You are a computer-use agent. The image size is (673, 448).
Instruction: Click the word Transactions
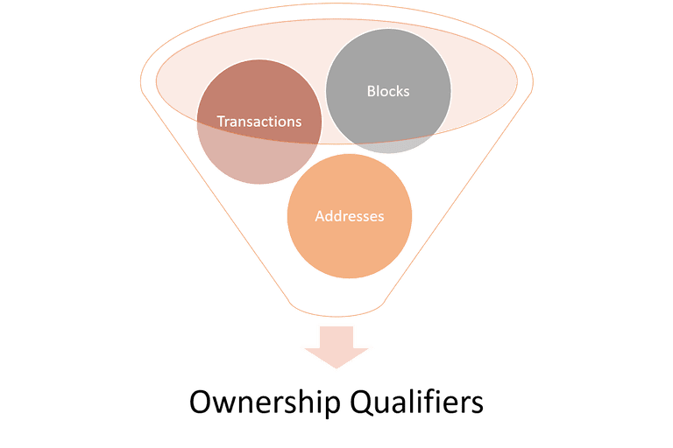coord(259,122)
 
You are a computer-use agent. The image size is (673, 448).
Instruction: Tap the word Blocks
coord(388,91)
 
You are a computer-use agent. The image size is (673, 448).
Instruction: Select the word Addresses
coord(350,215)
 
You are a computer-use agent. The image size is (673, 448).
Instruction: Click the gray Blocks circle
coord(388,91)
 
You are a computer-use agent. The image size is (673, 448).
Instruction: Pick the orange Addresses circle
coord(350,216)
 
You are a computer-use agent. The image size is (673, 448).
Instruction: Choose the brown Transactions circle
coord(259,122)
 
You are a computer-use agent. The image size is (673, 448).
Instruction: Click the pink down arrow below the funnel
coord(336,347)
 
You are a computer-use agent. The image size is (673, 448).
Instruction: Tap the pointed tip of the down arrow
coord(336,367)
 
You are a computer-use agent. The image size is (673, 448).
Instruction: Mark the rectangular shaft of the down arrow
coord(336,338)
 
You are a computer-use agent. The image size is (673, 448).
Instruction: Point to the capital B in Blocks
coord(371,91)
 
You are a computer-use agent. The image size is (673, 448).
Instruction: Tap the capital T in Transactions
coord(221,122)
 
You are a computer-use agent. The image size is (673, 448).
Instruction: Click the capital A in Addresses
coord(320,216)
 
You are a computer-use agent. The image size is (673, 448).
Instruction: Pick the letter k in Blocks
coord(398,90)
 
